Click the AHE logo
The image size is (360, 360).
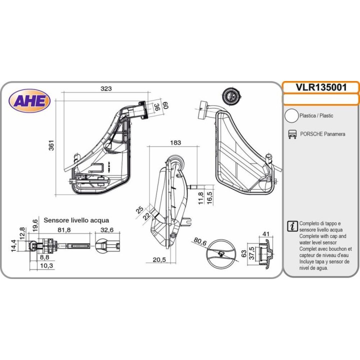pyautogui.click(x=29, y=101)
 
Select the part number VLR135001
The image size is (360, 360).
pyautogui.click(x=321, y=87)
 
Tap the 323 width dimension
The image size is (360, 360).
pyautogui.click(x=106, y=88)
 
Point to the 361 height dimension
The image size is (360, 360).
pyautogui.click(x=51, y=145)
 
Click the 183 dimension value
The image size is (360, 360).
pyautogui.click(x=175, y=142)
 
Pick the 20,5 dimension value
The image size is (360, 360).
pyautogui.click(x=159, y=259)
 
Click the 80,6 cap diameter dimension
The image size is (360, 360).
pyautogui.click(x=200, y=242)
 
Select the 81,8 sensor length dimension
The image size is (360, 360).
pyautogui.click(x=64, y=229)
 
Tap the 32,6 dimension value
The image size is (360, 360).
pyautogui.click(x=107, y=229)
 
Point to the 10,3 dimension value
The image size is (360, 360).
pyautogui.click(x=46, y=265)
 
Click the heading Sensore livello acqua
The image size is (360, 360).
pyautogui.click(x=76, y=220)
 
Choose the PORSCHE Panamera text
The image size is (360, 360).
pyautogui.click(x=322, y=134)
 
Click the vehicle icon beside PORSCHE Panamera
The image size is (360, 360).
pyautogui.click(x=292, y=134)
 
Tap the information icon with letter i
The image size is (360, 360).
pyautogui.click(x=292, y=226)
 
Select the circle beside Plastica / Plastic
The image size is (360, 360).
pyautogui.click(x=291, y=115)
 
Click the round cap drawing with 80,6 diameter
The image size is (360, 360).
pyautogui.click(x=221, y=253)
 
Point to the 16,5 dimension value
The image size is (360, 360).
pyautogui.click(x=209, y=197)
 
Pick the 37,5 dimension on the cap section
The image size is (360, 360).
pyautogui.click(x=252, y=253)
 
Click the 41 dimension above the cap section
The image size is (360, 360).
pyautogui.click(x=265, y=234)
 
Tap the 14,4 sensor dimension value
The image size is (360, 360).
pyautogui.click(x=14, y=245)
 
